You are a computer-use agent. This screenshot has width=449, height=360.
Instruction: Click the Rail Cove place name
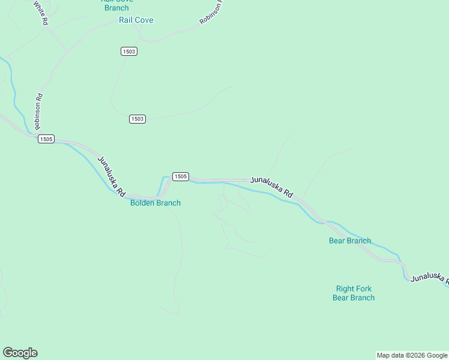(x=136, y=20)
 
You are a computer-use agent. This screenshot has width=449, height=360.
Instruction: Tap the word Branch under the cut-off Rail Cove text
(x=116, y=8)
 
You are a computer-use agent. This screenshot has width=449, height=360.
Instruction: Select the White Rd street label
(x=40, y=13)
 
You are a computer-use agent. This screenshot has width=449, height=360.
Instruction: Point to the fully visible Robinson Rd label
(x=38, y=111)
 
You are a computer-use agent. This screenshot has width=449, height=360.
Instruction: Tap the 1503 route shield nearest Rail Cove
(x=128, y=52)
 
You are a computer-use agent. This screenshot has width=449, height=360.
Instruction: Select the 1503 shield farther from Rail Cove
(x=137, y=119)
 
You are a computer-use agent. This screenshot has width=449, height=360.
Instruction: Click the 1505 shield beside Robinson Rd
(x=46, y=139)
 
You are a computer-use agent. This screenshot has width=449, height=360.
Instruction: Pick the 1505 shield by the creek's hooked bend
(x=181, y=176)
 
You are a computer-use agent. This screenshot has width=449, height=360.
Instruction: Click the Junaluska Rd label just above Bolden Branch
(x=111, y=176)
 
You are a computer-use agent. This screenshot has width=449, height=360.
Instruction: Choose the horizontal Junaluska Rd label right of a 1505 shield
(x=271, y=186)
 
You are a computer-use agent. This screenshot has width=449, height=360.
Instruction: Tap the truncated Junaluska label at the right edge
(x=429, y=278)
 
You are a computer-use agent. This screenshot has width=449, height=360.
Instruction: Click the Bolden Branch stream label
(x=155, y=203)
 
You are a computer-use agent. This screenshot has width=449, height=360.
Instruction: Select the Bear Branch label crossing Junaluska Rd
(x=350, y=241)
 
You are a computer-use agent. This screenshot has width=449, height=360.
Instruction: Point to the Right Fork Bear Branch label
(x=354, y=293)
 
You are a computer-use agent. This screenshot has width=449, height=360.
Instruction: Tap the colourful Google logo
(x=20, y=353)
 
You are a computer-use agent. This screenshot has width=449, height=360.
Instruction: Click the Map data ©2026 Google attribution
(x=412, y=355)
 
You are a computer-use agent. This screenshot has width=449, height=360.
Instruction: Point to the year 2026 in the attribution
(x=415, y=355)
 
